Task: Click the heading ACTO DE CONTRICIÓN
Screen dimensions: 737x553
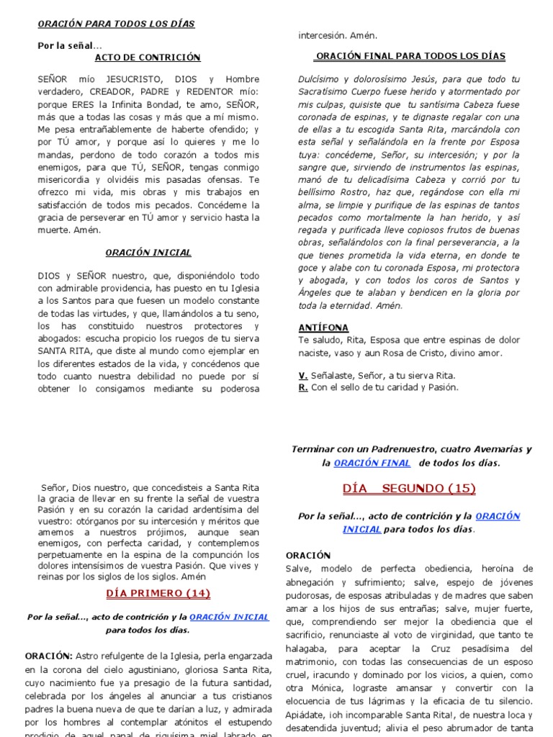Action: click(148, 58)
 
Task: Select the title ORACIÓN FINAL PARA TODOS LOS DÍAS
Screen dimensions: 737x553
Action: click(410, 56)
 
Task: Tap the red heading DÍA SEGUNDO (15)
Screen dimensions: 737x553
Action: click(409, 489)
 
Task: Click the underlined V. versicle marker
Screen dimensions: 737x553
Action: click(303, 376)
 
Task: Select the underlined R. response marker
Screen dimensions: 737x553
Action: click(303, 387)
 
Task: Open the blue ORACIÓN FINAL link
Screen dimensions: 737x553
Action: click(372, 463)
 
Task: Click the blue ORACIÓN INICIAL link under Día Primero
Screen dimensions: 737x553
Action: click(228, 617)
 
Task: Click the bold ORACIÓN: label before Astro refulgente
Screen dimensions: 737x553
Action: click(48, 656)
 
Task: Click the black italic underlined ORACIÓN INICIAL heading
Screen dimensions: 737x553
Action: click(148, 253)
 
